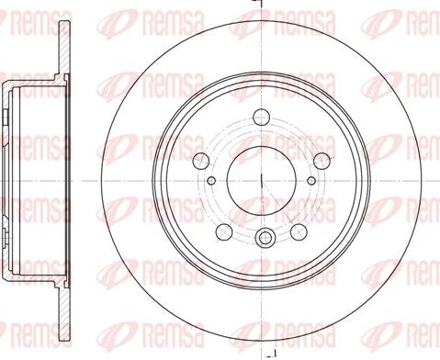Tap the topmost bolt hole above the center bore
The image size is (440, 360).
point(261,117)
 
